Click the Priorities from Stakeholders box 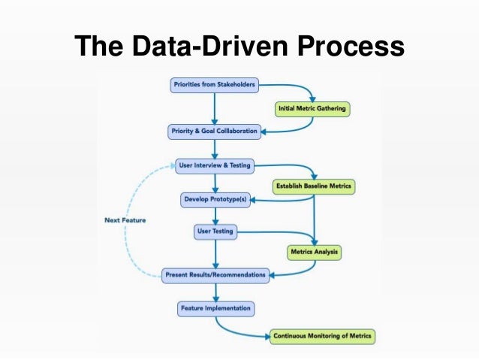[x=214, y=85]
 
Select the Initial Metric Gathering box [x=312, y=108]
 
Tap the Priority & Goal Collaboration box [x=215, y=131]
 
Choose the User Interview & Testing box [x=215, y=165]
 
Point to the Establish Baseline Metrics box [x=312, y=185]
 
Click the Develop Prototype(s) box [x=215, y=200]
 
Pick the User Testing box [x=214, y=232]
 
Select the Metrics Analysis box [x=315, y=252]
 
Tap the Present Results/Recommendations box [x=215, y=275]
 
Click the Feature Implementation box [x=215, y=308]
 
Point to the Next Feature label [x=125, y=220]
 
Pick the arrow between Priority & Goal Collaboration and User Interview [x=215, y=148]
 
